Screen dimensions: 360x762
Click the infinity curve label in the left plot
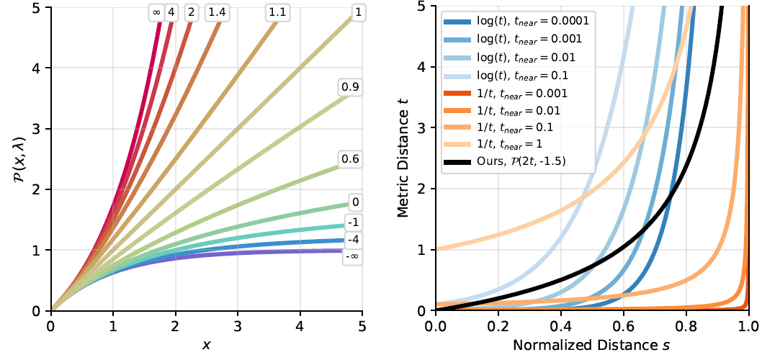(156, 12)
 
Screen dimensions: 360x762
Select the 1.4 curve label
(215, 12)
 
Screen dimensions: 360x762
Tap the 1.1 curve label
(276, 12)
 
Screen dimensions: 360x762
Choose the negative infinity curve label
(352, 255)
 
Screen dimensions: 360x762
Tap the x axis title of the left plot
(206, 346)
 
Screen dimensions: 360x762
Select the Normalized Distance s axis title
(592, 346)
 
